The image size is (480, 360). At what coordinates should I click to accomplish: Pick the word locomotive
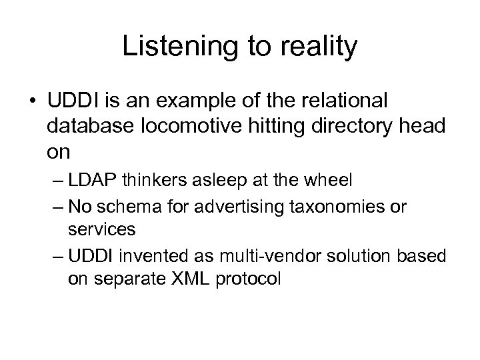182,128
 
